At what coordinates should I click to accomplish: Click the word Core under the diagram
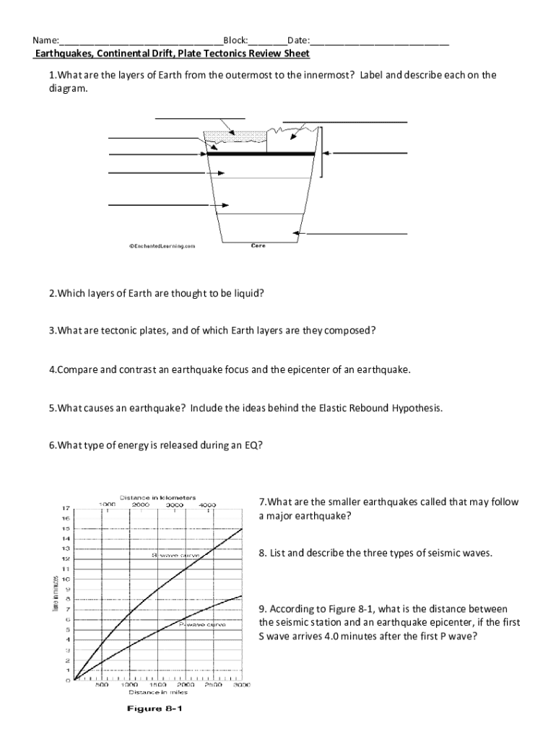click(x=258, y=245)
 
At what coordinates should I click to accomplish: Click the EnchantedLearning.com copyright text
click(x=162, y=246)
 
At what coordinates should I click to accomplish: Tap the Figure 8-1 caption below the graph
click(x=155, y=709)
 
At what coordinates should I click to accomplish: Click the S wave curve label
click(x=175, y=556)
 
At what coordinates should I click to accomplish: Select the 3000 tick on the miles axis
click(x=241, y=685)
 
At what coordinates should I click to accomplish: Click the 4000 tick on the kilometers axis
click(x=208, y=505)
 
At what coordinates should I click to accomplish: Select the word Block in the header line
click(x=235, y=41)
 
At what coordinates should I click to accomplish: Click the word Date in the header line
click(x=298, y=41)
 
